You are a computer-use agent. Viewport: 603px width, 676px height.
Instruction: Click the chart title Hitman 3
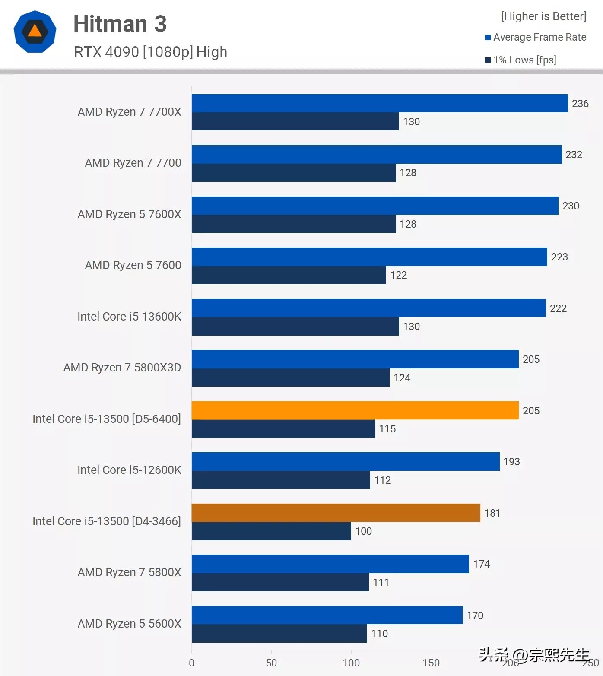point(120,24)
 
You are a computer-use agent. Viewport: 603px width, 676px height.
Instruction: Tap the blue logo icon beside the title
point(35,32)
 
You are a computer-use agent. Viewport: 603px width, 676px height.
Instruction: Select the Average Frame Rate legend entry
point(536,37)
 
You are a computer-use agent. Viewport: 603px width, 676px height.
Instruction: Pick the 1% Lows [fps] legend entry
point(520,60)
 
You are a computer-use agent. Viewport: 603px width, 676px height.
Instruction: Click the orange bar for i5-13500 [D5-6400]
point(355,410)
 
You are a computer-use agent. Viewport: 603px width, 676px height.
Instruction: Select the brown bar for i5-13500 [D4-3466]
point(336,513)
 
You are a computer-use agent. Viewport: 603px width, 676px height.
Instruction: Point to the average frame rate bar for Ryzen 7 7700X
point(379,103)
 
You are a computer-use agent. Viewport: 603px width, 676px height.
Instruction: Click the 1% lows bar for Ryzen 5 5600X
point(279,634)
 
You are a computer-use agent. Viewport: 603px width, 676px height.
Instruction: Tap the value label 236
point(580,104)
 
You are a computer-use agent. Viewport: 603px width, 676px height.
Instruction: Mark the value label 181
point(492,513)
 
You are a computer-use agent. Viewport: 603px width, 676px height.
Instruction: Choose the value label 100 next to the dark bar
point(363,531)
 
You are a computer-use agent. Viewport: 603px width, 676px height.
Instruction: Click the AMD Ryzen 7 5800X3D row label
point(122,368)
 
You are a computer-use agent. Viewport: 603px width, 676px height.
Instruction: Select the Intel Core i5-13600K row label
point(129,317)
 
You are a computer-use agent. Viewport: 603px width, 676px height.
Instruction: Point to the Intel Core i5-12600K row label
point(129,470)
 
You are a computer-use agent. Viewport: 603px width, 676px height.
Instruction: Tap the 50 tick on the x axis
point(271,663)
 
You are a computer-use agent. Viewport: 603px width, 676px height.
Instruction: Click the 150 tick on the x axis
point(431,663)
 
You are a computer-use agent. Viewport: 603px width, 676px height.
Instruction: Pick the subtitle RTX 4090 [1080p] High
point(150,52)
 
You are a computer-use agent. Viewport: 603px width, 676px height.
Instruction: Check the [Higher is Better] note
point(543,16)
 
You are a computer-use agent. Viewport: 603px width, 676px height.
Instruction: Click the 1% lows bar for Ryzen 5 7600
point(289,275)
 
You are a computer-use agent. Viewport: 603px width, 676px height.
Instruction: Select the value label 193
point(511,462)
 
